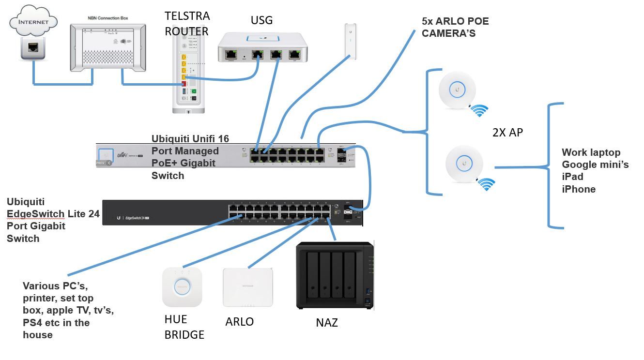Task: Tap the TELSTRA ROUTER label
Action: click(x=187, y=24)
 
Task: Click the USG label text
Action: click(x=261, y=20)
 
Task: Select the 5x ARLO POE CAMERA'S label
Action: click(x=455, y=27)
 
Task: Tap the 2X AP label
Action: click(x=507, y=133)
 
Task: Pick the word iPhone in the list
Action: click(x=579, y=189)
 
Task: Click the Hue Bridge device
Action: click(x=182, y=286)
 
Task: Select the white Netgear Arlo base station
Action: click(x=247, y=287)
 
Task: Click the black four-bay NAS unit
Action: click(x=335, y=275)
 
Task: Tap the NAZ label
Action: click(x=326, y=323)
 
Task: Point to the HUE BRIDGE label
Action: click(x=184, y=327)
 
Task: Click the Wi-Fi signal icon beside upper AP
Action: click(x=479, y=110)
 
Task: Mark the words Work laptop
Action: click(x=591, y=152)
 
